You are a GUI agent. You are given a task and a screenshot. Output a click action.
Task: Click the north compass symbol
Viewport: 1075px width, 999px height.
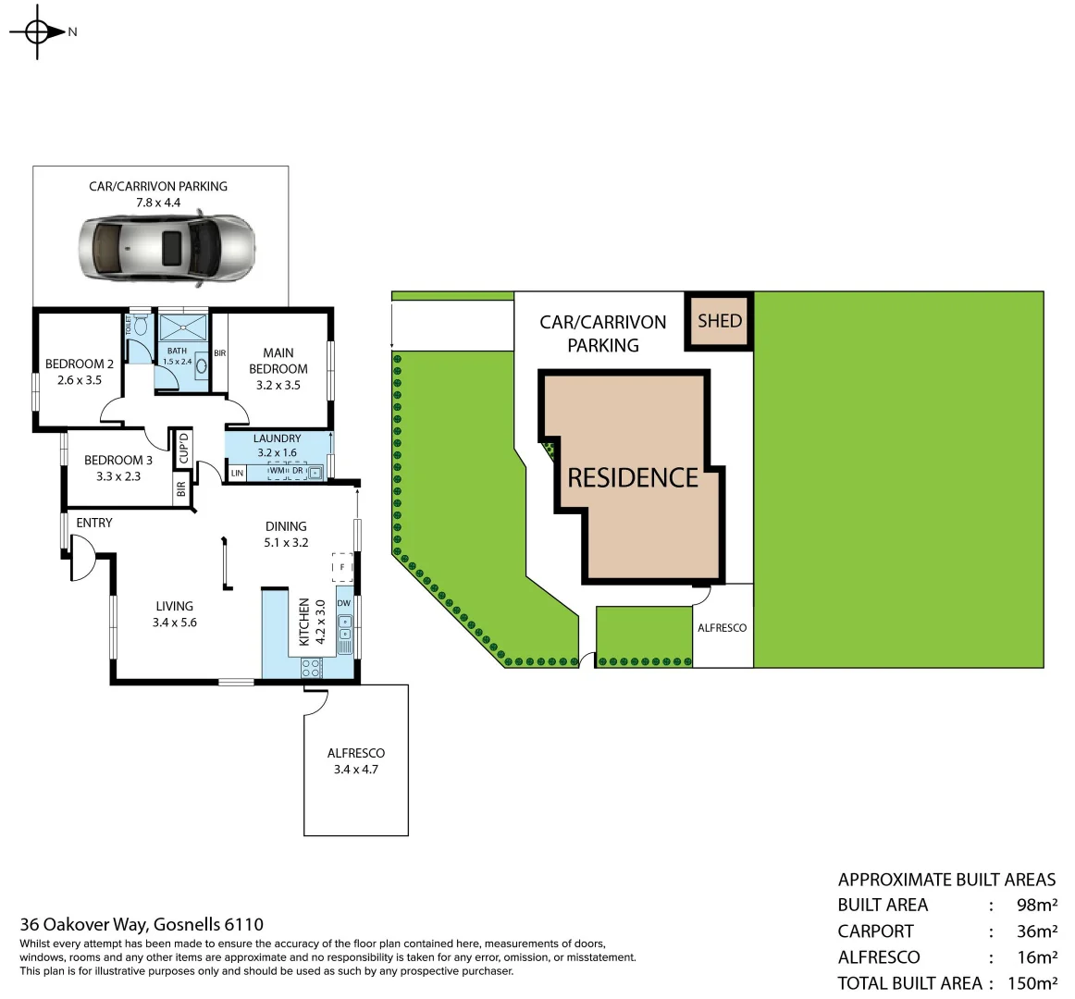(37, 32)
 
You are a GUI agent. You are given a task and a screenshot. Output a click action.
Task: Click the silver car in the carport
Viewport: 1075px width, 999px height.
(167, 247)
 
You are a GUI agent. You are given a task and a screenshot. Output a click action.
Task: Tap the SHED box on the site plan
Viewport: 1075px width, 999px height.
(719, 321)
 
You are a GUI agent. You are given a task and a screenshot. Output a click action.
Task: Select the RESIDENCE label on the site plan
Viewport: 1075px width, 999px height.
(633, 478)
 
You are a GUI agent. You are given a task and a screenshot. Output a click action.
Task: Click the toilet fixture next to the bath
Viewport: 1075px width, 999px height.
(141, 326)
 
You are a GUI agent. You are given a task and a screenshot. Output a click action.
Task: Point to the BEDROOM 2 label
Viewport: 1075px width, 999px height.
(80, 364)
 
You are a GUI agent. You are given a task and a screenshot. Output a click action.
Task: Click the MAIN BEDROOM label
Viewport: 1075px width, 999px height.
(278, 361)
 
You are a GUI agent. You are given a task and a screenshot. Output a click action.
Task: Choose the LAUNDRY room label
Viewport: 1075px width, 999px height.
(277, 438)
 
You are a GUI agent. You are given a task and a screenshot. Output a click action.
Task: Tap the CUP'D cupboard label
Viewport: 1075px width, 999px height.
(183, 448)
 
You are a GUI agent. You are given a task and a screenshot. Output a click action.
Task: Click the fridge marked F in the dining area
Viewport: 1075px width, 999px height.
(342, 566)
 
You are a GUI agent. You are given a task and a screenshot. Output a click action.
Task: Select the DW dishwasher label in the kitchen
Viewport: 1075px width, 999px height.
(344, 603)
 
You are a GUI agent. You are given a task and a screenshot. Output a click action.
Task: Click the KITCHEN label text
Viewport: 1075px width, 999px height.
(303, 622)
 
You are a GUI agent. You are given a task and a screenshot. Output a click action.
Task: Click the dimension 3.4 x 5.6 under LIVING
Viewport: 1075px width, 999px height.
(174, 623)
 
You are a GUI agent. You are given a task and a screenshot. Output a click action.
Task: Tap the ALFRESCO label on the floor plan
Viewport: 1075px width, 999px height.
(355, 753)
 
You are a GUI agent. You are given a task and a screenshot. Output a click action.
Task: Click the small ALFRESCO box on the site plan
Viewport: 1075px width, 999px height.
(722, 627)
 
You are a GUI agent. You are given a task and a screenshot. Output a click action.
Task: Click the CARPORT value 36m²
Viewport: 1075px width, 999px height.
(1036, 931)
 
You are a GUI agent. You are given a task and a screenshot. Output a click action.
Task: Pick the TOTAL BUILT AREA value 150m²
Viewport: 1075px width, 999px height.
(1032, 983)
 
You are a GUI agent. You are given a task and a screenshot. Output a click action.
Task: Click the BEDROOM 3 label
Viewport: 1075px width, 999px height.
(117, 460)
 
